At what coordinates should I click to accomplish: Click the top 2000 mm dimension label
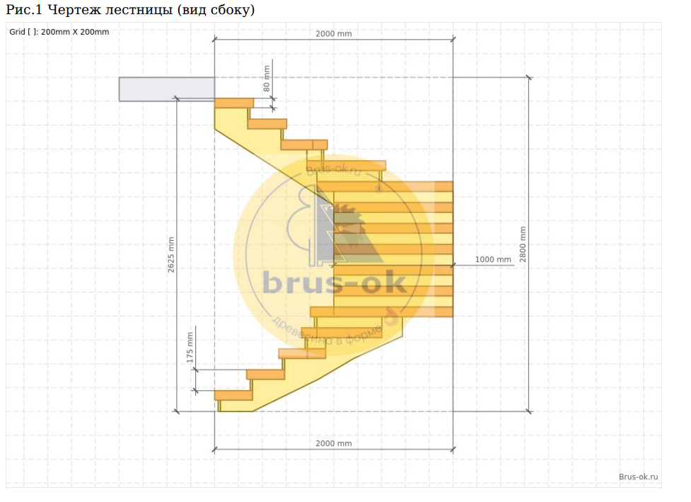coord(334,33)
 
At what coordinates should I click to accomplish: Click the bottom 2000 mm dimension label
coord(334,443)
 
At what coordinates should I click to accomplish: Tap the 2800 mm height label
coord(523,244)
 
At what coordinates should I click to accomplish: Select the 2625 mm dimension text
coord(171,254)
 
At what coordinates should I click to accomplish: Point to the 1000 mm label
coord(493,259)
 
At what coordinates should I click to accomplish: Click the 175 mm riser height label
coord(190,348)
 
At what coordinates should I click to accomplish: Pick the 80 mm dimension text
coord(267,79)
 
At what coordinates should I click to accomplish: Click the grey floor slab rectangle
coord(167,89)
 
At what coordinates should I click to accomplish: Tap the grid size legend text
coord(59,32)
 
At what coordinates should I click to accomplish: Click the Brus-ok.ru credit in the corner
coord(638,477)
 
